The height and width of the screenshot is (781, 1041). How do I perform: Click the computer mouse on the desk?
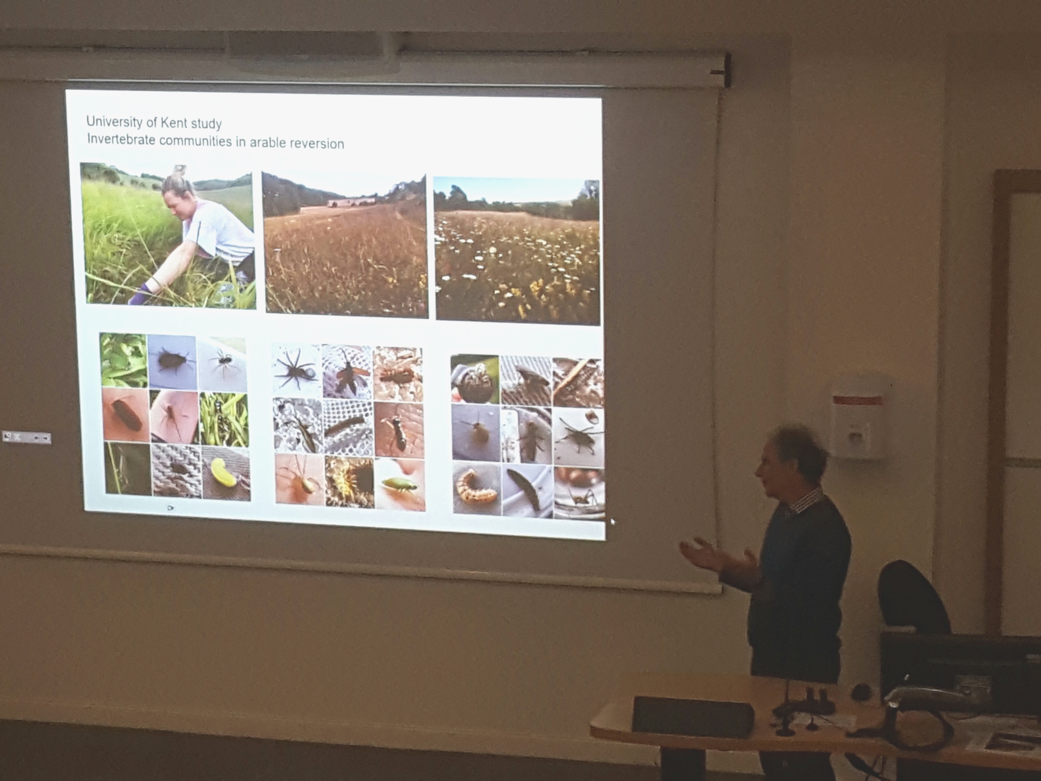(861, 691)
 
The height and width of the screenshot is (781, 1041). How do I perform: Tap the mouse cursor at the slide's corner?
(613, 521)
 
